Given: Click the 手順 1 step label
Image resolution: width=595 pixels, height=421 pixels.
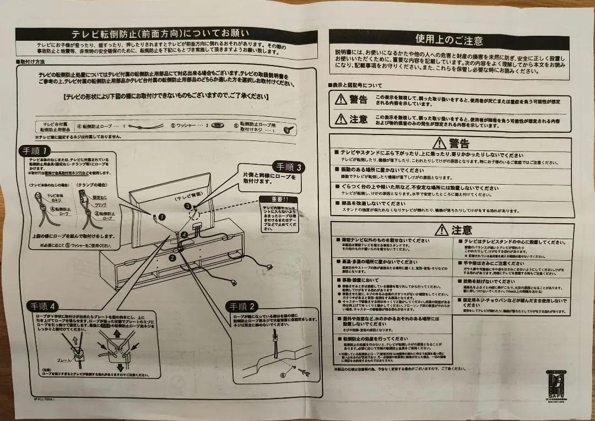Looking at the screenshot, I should pos(36,150).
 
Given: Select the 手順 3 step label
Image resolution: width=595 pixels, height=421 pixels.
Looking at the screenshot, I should pos(289,166).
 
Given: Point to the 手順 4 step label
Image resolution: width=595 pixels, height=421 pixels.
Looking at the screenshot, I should pos(42,306).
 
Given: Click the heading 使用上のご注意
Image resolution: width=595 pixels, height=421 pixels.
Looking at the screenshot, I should pos(449,40).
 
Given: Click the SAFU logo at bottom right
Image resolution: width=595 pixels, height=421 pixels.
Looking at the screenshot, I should pos(553,384).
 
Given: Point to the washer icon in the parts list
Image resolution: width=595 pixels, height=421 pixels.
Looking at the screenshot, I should pos(217,126).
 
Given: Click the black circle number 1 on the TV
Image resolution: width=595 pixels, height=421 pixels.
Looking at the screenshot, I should pos(161,217).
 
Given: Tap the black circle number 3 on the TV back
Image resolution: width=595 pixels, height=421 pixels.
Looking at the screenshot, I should pos(188,206).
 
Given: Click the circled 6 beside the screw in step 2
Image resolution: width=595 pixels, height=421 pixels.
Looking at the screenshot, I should pos(283,375).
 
